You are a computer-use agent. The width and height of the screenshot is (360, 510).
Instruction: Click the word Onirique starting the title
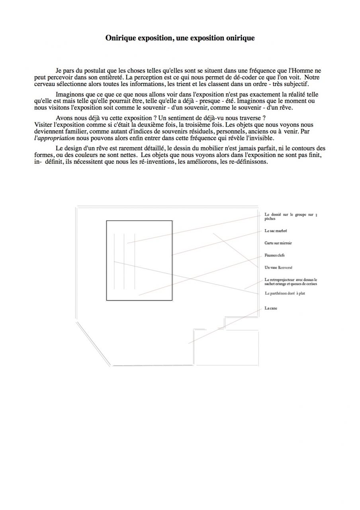pos(121,38)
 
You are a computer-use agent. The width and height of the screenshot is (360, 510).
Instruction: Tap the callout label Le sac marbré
pos(276,231)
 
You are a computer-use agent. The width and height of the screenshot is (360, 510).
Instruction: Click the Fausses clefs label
pos(274,255)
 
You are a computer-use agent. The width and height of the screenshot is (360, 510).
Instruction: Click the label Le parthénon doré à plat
pos(285,293)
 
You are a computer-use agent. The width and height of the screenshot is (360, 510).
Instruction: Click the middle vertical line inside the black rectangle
pos(124,261)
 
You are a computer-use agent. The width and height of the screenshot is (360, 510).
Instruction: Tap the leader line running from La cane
pos(223,327)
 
